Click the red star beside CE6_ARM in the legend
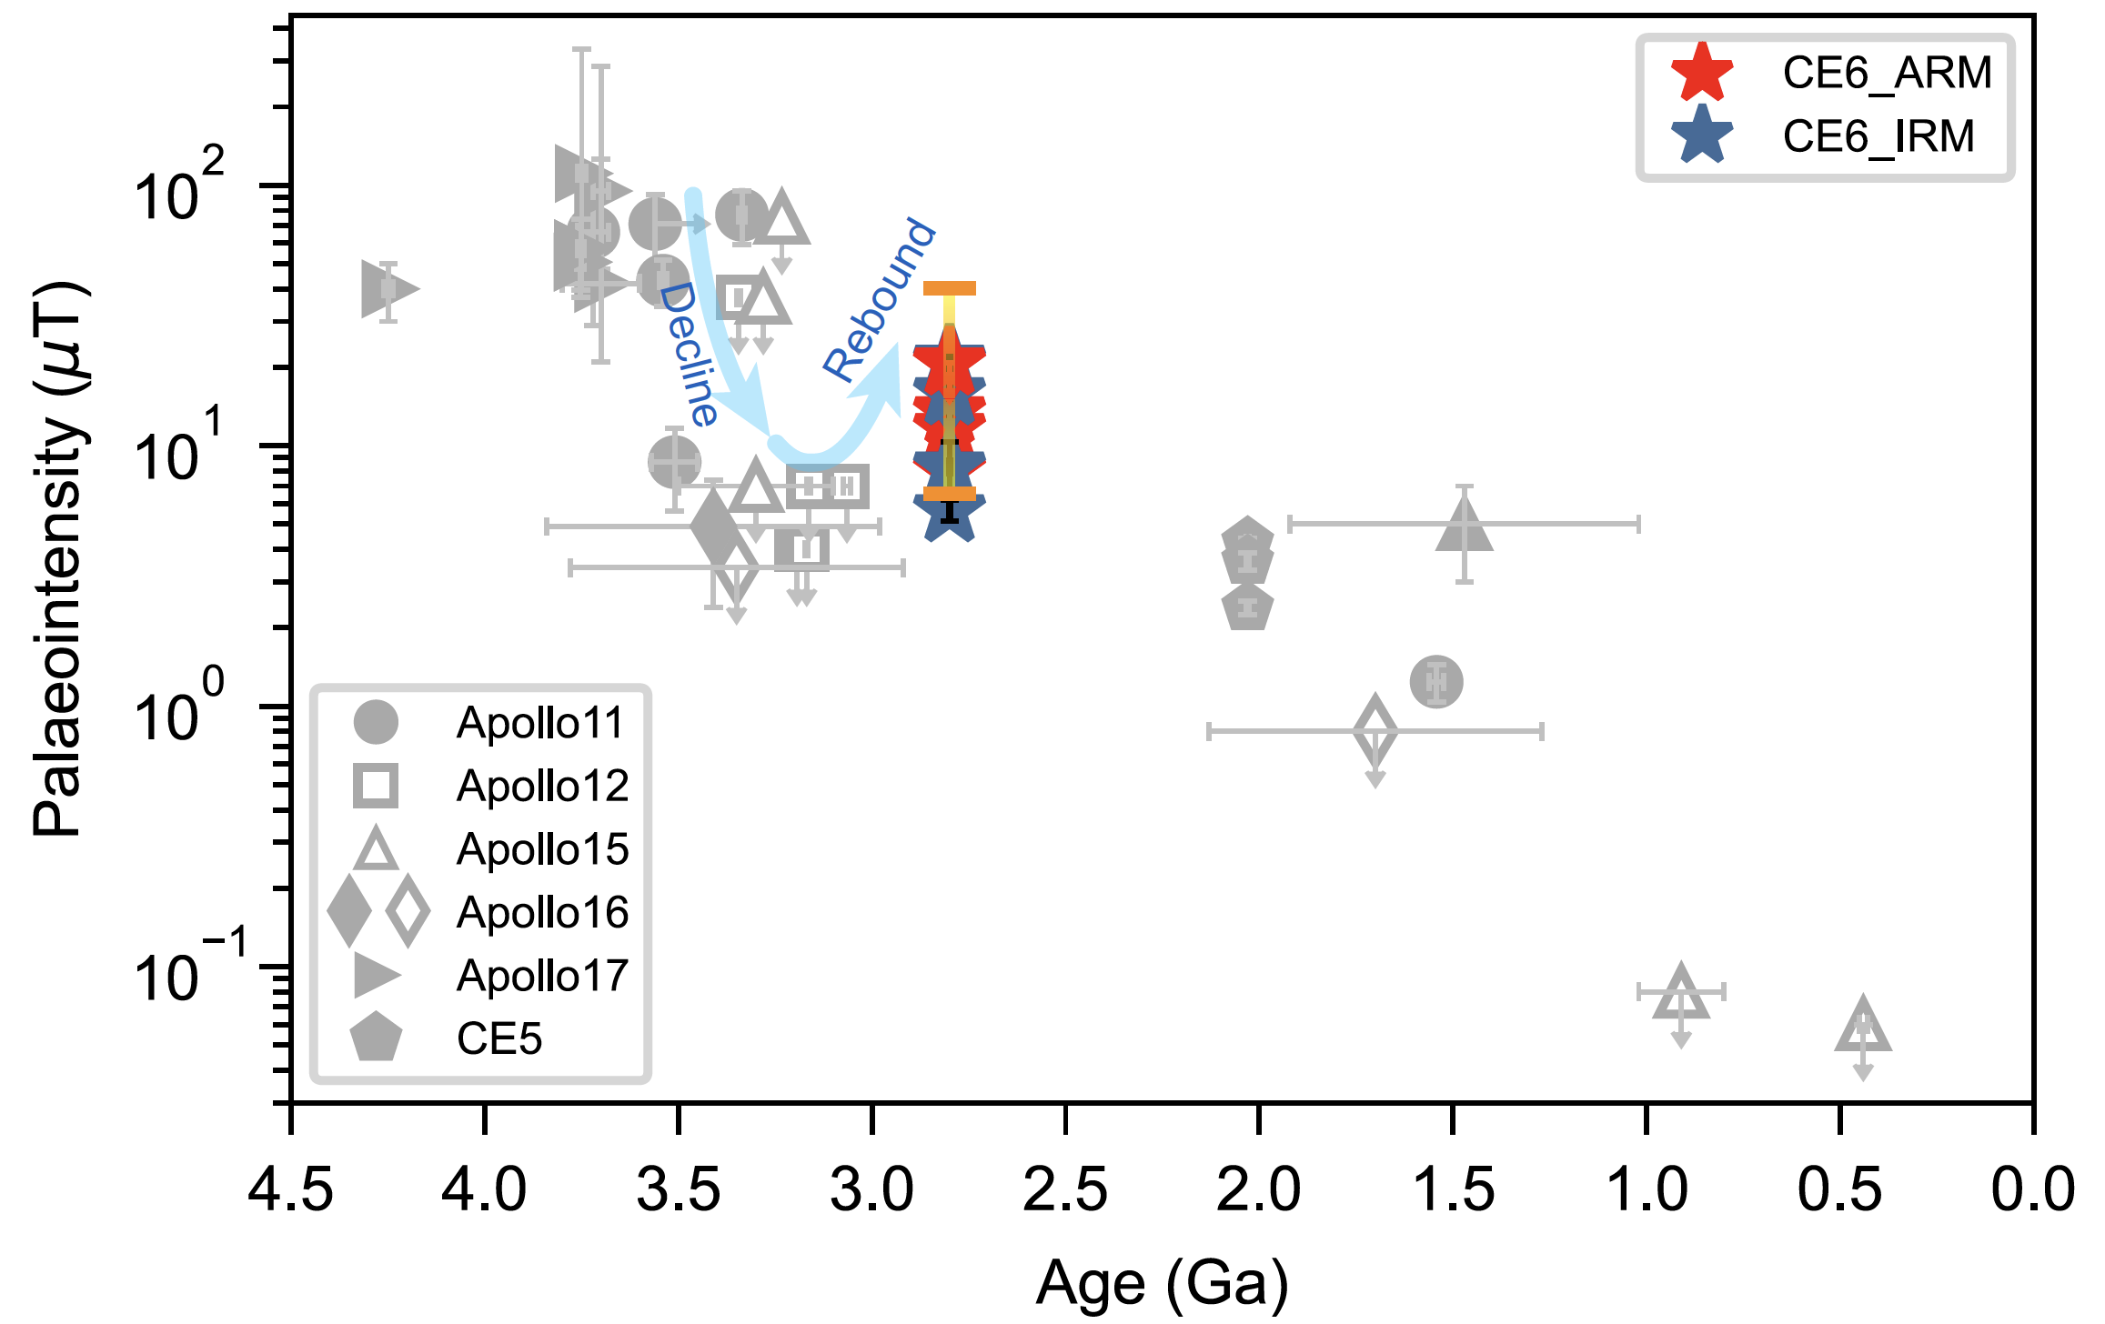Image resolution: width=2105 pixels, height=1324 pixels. pos(1702,72)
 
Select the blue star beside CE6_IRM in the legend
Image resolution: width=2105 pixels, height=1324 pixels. pos(1702,135)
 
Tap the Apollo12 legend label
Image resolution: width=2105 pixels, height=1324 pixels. pos(542,786)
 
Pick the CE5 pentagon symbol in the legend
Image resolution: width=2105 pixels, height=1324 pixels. pos(376,1038)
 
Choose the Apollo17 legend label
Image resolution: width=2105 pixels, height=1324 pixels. pos(542,976)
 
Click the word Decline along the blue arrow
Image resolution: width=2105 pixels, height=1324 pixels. pos(688,354)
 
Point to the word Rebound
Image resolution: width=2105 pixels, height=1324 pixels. pos(879,299)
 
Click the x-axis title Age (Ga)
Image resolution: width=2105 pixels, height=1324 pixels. pos(1162,1282)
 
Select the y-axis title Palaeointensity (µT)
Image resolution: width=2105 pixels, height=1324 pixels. pos(60,558)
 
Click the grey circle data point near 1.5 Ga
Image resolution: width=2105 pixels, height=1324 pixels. pos(1435,681)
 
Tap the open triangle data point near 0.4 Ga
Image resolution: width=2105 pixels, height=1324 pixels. pos(1863,1028)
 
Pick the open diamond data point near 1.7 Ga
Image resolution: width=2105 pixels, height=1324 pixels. pos(1375,730)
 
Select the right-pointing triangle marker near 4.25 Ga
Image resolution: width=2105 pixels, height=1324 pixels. pos(386,289)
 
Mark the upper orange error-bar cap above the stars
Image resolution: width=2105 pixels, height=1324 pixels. pos(949,288)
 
